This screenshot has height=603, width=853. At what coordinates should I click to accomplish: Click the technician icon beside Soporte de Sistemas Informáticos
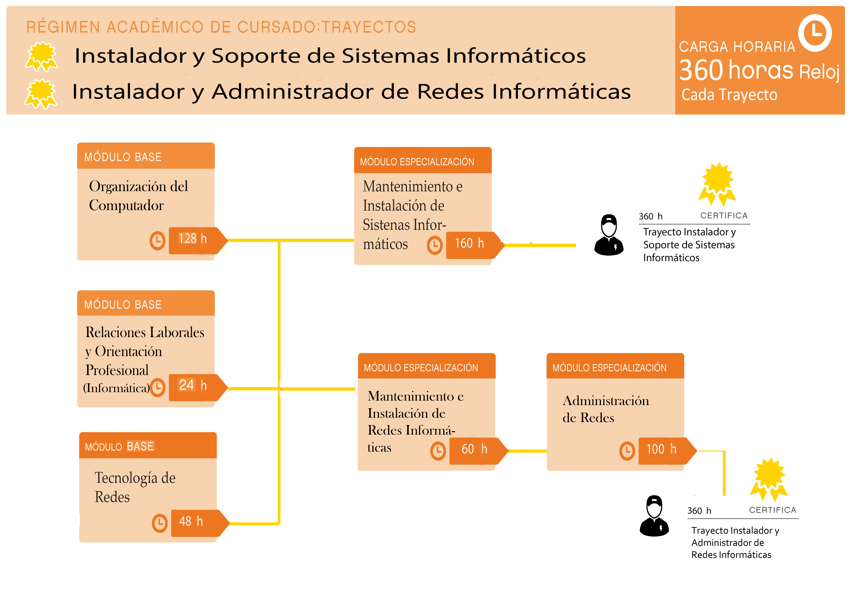pyautogui.click(x=609, y=235)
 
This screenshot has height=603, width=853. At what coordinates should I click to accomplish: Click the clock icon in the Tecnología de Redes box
pyautogui.click(x=160, y=523)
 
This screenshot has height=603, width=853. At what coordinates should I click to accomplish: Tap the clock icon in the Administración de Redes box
pyautogui.click(x=627, y=451)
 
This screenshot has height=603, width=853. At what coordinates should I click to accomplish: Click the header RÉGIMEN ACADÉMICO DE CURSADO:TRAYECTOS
pyautogui.click(x=221, y=27)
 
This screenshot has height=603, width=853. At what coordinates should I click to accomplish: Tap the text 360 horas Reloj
pyautogui.click(x=759, y=70)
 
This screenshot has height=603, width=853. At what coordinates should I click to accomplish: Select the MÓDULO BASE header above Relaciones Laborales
pyautogui.click(x=123, y=305)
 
